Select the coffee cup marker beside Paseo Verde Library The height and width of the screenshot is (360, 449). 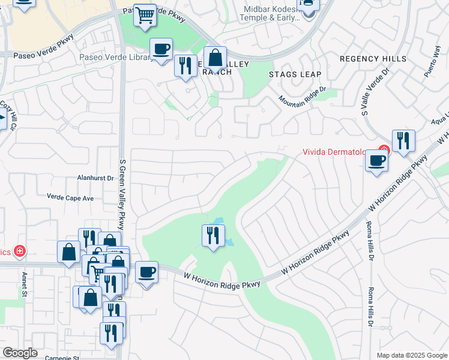click(161, 49)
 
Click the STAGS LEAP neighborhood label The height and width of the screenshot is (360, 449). click(295, 74)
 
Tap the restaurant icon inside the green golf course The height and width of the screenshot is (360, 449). click(213, 235)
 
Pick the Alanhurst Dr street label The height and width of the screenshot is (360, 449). click(95, 178)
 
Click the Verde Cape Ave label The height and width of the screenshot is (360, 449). click(71, 197)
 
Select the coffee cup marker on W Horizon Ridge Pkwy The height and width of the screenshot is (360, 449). click(146, 273)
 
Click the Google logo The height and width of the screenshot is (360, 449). click(20, 353)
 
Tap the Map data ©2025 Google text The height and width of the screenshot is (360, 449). click(412, 355)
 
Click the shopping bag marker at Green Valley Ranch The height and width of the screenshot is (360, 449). click(215, 58)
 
